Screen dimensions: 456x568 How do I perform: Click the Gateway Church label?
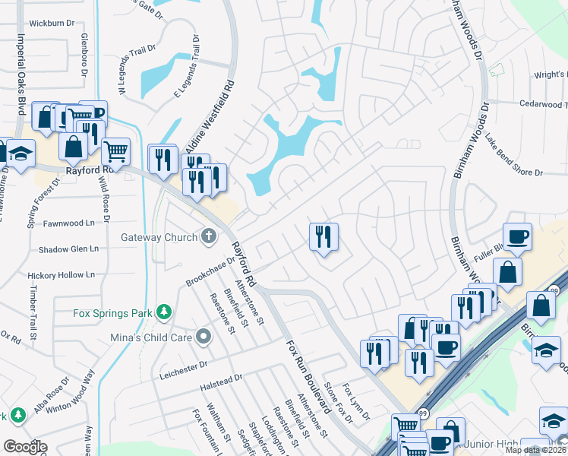point(159,237)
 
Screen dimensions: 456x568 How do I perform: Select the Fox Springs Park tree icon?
point(163,312)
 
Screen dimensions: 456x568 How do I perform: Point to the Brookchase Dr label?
point(210,271)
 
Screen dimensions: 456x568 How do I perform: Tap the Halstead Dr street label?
point(222,378)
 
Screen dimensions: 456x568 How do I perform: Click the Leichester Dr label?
point(184,366)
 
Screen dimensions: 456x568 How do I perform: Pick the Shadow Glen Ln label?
point(69,249)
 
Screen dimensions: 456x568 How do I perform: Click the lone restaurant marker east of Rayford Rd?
point(323,236)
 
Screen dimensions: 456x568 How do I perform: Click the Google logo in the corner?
point(25,447)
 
